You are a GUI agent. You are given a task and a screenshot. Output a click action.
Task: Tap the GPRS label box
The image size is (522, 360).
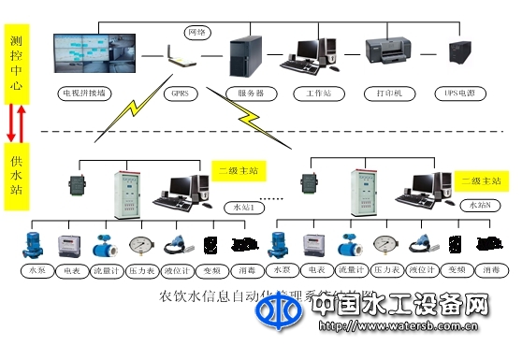(x=178, y=94)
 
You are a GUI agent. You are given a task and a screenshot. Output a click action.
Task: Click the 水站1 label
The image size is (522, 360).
(x=245, y=205)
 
